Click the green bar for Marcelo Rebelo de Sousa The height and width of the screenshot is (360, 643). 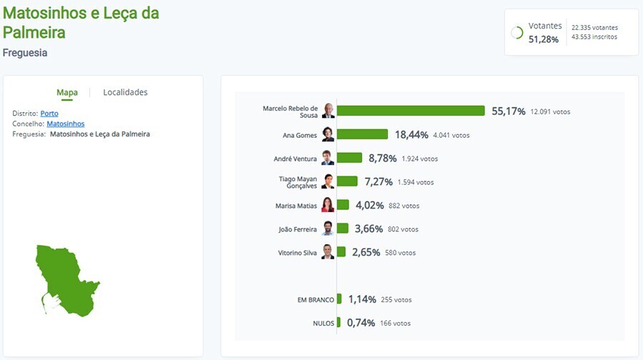[411, 111]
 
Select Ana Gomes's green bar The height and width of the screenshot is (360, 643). [362, 134]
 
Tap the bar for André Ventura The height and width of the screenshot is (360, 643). [349, 158]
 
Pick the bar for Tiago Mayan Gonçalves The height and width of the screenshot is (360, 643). [347, 181]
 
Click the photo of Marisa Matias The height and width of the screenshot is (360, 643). [327, 205]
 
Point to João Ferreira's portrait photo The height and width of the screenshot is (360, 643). [327, 229]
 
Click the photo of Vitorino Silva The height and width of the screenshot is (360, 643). [327, 252]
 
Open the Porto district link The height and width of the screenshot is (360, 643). [49, 114]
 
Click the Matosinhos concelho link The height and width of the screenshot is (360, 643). [65, 124]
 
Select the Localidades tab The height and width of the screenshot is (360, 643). [125, 92]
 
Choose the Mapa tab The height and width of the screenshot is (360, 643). [67, 92]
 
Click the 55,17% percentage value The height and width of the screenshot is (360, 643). [509, 111]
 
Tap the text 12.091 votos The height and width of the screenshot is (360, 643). [550, 112]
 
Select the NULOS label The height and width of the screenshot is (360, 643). [323, 324]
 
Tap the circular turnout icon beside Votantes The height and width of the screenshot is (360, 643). [517, 33]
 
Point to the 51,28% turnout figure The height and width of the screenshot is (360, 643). [544, 39]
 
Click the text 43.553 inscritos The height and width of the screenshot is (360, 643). [594, 37]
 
